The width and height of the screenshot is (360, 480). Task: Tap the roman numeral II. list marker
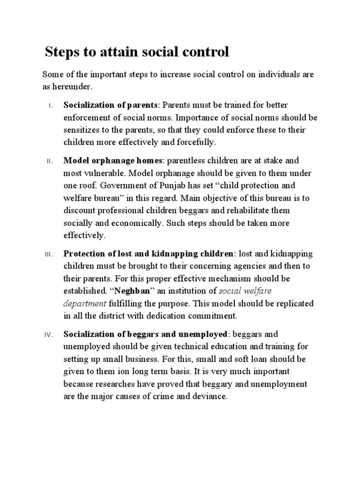coord(51,161)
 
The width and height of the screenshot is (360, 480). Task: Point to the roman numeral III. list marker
coord(50,255)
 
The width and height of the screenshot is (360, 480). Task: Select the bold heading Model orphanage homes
coord(113,161)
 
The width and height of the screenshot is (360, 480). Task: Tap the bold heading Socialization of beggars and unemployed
coord(146,335)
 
